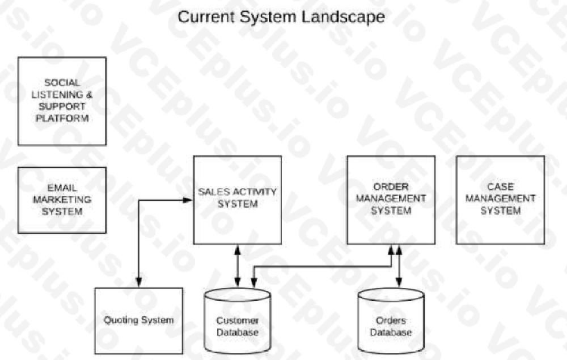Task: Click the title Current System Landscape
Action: coord(281,16)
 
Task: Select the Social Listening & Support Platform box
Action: coord(62,101)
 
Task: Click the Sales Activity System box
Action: coord(237,199)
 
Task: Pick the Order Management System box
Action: coord(391,199)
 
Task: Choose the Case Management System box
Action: coord(500,199)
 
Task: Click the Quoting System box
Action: coord(138,320)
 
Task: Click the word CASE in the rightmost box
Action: coord(500,186)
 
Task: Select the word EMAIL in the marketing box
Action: coord(62,188)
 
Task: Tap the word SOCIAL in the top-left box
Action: coord(62,82)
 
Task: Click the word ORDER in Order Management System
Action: coord(392,186)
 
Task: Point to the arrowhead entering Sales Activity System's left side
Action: coord(188,200)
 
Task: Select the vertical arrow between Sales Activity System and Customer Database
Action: coord(237,265)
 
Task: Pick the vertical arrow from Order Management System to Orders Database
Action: coord(399,265)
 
